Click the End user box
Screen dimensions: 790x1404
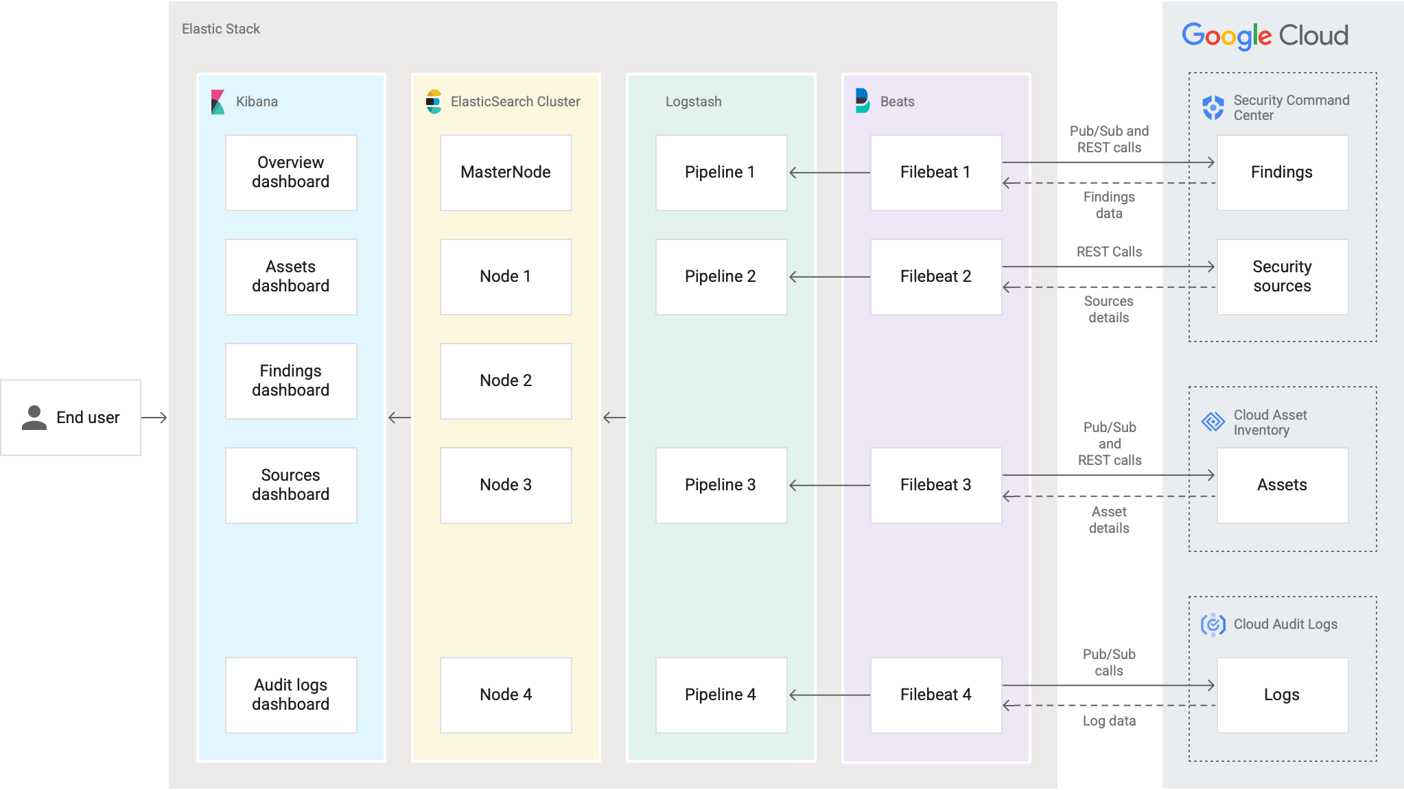point(71,417)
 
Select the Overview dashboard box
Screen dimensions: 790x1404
point(291,172)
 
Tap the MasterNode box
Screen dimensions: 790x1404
point(506,172)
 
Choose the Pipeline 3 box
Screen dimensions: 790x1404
point(721,485)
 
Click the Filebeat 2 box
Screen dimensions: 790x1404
point(935,276)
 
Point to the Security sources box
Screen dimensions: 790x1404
point(1282,276)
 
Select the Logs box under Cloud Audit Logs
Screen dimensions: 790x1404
point(1282,695)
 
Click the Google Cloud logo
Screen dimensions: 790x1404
point(1265,36)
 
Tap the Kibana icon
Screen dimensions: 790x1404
point(218,101)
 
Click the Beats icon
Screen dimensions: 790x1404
point(863,101)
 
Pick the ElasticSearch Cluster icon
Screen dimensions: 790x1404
point(433,101)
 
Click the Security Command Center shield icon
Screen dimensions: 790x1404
point(1213,108)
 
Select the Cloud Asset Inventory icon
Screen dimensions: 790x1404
point(1213,422)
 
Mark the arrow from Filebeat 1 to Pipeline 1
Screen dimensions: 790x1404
point(828,173)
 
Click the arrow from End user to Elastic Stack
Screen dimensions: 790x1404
point(154,417)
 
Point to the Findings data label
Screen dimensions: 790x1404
point(1109,205)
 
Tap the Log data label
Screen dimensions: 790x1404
point(1109,721)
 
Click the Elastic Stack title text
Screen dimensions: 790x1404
point(221,29)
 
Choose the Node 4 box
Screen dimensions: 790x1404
point(506,695)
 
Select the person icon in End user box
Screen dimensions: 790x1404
point(34,417)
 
